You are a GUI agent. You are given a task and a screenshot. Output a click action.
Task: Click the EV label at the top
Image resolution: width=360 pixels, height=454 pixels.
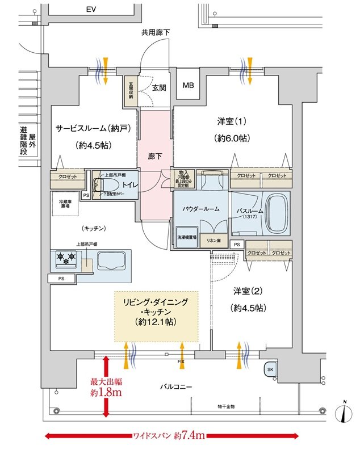coord(90,10)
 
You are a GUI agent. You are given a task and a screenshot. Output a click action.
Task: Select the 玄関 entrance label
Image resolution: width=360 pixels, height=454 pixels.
coord(159,88)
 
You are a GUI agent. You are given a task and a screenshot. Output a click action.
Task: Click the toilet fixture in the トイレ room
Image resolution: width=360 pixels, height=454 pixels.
coord(104,186)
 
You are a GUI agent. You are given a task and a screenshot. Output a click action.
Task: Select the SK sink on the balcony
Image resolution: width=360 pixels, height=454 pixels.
coord(270,369)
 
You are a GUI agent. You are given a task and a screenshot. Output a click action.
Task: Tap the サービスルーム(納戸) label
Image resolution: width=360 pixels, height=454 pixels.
coord(93,128)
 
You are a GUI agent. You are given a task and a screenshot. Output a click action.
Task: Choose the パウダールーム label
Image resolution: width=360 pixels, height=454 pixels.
coord(201,209)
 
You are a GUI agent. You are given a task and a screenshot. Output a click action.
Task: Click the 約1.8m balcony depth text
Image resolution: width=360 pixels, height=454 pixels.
coord(106,392)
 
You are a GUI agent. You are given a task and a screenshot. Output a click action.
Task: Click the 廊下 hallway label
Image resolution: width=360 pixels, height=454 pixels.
coord(155,155)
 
